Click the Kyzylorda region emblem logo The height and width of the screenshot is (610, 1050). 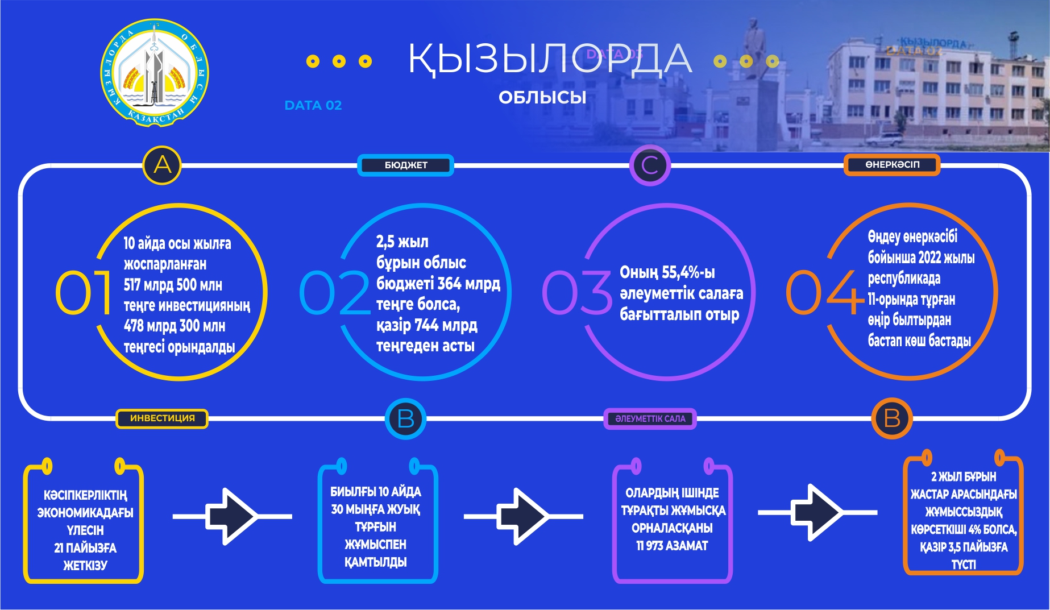coord(155,73)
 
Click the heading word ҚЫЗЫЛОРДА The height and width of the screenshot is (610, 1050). coord(549,59)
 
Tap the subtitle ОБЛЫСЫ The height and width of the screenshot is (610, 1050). coord(542,97)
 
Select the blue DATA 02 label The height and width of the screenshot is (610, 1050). coord(313,105)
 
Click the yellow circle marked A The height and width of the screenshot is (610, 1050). coord(162,165)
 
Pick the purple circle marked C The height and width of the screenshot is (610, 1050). coord(650,165)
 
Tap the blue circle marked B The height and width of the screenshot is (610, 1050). coord(405,419)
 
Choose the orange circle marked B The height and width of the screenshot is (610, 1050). coord(891,419)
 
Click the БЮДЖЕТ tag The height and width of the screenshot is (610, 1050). coord(405,165)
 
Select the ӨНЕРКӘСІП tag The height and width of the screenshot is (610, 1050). coord(892,165)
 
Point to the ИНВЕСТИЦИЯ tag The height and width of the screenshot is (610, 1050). coord(162,418)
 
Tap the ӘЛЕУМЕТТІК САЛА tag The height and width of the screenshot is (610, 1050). coord(650,419)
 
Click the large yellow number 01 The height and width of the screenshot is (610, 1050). coord(83,292)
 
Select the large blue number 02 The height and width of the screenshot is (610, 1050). coord(334,292)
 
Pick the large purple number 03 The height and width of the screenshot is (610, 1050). coord(577,292)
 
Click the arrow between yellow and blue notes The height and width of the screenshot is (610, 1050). coord(232,516)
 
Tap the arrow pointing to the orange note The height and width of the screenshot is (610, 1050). coord(817,512)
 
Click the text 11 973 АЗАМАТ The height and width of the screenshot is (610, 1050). coord(672,546)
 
